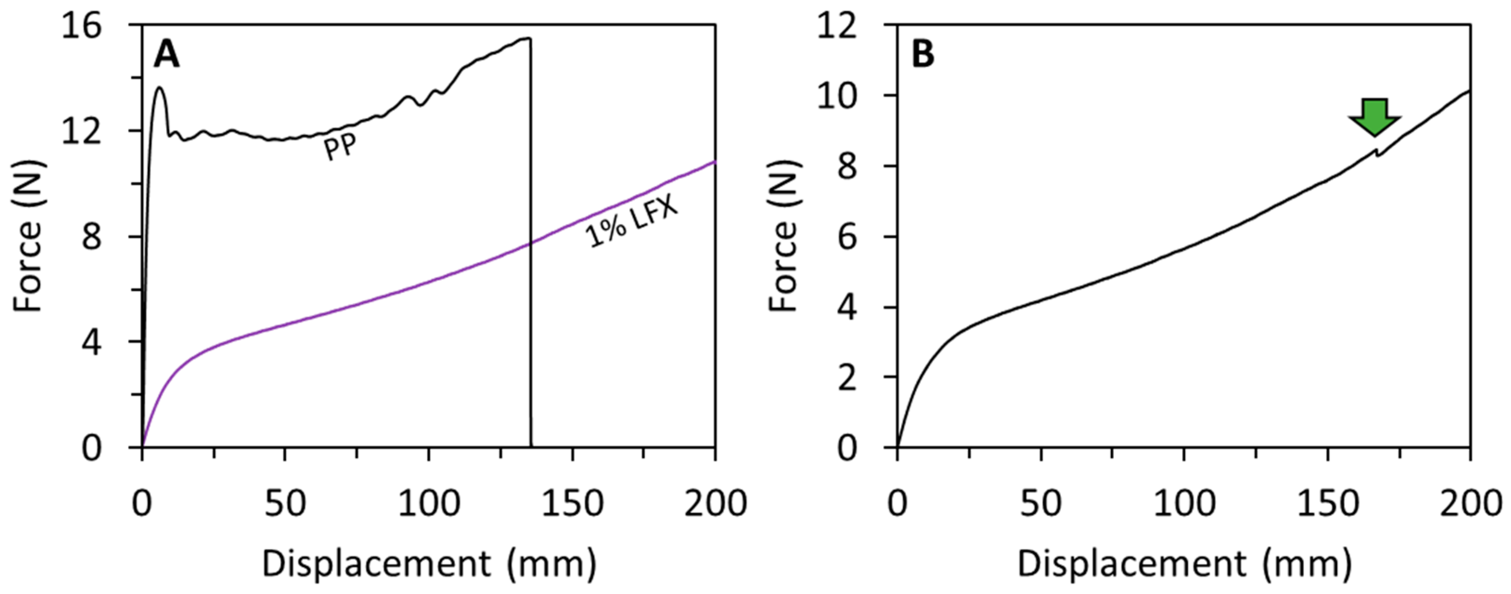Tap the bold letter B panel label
pos(923,56)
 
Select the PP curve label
pos(340,146)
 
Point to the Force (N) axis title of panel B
pos(784,236)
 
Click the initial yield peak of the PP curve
pos(160,88)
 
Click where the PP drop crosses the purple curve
pos(531,243)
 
